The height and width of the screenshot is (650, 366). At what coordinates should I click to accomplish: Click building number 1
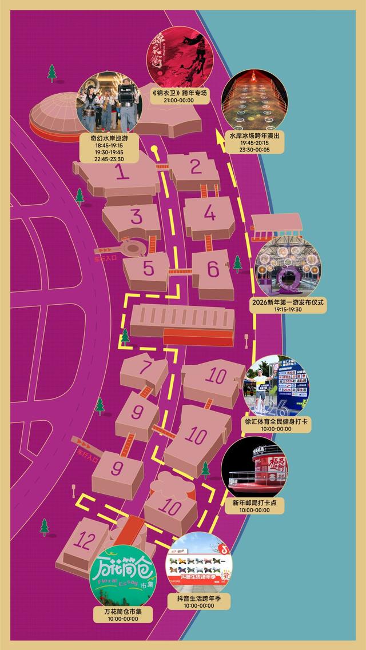[121, 173]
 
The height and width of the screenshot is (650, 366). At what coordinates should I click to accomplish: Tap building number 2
[196, 167]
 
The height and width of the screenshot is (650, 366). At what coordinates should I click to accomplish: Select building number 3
[136, 217]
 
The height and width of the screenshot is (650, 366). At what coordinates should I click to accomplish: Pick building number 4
[210, 214]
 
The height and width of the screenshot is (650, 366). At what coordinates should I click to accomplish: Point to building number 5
[148, 269]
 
